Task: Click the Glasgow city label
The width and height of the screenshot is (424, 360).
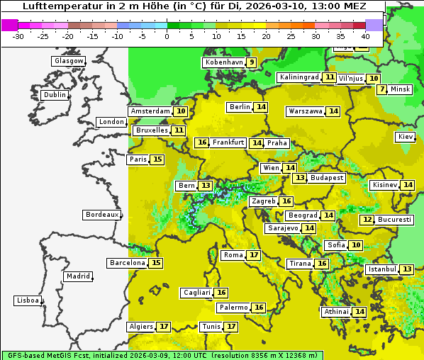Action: click(68, 61)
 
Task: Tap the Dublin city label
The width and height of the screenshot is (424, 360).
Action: click(55, 95)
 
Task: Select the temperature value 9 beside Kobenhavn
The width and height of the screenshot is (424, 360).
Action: click(251, 62)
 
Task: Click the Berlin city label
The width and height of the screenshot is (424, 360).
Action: click(240, 107)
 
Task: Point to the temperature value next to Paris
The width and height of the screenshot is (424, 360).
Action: click(157, 159)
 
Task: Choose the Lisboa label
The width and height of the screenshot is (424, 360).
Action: click(28, 300)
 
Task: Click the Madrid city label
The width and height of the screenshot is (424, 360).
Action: click(77, 276)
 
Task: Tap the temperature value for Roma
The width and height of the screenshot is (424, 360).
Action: click(253, 255)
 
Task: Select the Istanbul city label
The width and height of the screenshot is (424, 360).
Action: click(381, 269)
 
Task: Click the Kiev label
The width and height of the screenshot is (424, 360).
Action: click(406, 137)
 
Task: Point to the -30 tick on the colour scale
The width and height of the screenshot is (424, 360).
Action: click(18, 35)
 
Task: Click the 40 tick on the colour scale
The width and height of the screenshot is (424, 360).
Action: click(365, 35)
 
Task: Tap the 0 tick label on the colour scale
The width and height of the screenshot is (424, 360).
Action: click(167, 35)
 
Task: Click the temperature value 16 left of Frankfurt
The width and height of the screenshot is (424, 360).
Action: click(202, 142)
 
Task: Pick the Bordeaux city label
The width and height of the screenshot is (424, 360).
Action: click(101, 215)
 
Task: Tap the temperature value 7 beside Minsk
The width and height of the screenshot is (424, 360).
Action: click(382, 89)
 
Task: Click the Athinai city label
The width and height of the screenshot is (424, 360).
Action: click(336, 312)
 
